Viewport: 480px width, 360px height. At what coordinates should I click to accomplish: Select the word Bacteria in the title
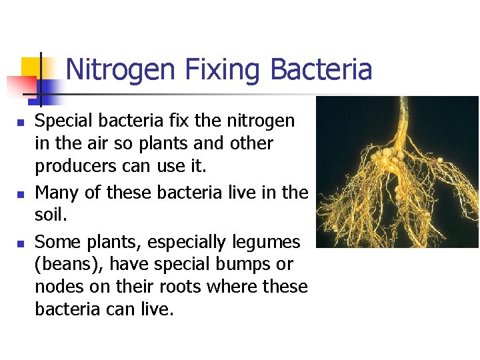coord(321,70)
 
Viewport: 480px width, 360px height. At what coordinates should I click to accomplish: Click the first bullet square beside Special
coord(21,123)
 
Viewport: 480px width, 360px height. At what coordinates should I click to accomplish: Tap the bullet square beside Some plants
coord(21,243)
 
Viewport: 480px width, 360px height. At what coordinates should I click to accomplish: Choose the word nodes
coord(56,287)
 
